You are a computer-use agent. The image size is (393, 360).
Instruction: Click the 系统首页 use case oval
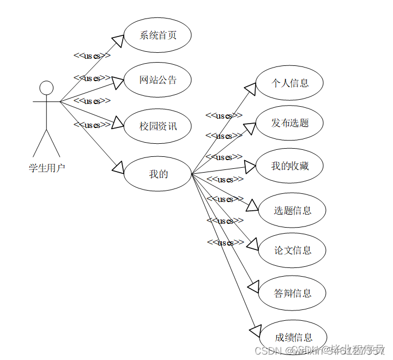(x=158, y=35)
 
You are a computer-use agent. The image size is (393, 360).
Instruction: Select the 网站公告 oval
(x=158, y=80)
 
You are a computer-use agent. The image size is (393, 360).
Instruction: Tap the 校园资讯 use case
(x=158, y=126)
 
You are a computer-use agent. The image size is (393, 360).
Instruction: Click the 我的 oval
(x=158, y=174)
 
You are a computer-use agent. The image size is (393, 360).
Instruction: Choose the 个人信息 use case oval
(x=290, y=83)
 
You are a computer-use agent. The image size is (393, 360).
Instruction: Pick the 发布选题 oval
(x=290, y=123)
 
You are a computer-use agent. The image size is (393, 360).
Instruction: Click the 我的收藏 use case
(x=290, y=166)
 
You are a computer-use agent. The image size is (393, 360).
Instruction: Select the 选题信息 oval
(x=293, y=210)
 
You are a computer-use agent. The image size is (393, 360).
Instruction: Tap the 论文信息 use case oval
(x=293, y=250)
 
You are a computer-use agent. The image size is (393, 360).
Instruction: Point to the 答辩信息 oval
(x=293, y=293)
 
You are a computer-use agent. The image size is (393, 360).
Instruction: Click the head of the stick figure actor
(x=46, y=88)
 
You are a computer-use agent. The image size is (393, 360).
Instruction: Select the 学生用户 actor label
(x=46, y=168)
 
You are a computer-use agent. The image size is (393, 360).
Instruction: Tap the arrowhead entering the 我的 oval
(x=118, y=167)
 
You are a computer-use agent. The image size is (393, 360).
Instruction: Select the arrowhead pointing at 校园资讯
(x=118, y=123)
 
